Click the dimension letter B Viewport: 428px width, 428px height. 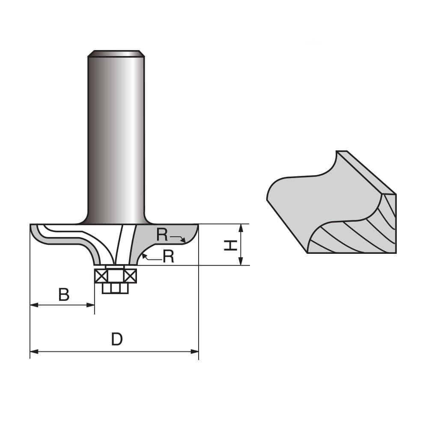pos(64,295)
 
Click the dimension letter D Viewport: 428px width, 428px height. pos(117,339)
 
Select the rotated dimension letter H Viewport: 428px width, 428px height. pos(231,245)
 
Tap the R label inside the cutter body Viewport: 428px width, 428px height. pos(162,235)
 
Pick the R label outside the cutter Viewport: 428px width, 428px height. pos(169,256)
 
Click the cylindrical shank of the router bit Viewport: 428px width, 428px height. pos(116,137)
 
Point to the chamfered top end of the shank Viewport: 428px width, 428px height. pos(116,53)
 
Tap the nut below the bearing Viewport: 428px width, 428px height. pos(115,288)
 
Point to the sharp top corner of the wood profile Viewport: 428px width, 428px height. pos(337,152)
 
